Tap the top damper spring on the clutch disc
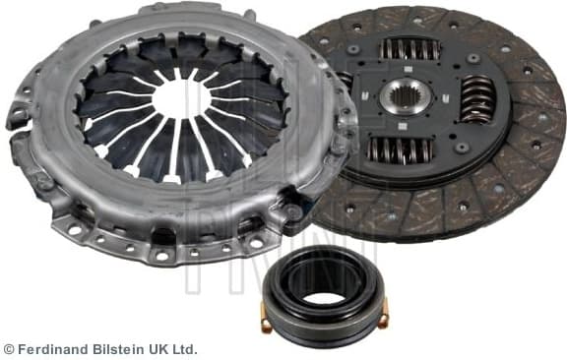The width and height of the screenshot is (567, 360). [410, 48]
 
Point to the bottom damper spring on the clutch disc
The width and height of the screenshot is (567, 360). [402, 150]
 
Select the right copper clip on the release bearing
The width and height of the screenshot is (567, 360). [384, 314]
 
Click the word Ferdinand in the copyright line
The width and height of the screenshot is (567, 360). [50, 349]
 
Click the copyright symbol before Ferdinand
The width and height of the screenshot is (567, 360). [9, 349]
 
